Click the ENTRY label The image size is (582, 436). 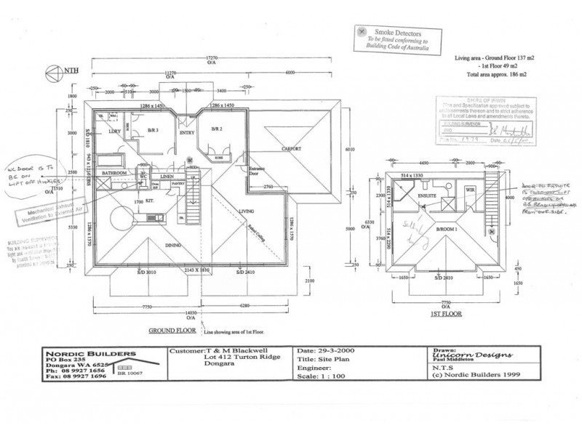pos(187,133)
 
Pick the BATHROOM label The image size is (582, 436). pos(115,173)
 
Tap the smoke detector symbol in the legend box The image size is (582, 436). pos(362,32)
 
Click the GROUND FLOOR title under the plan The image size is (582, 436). pos(170,328)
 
